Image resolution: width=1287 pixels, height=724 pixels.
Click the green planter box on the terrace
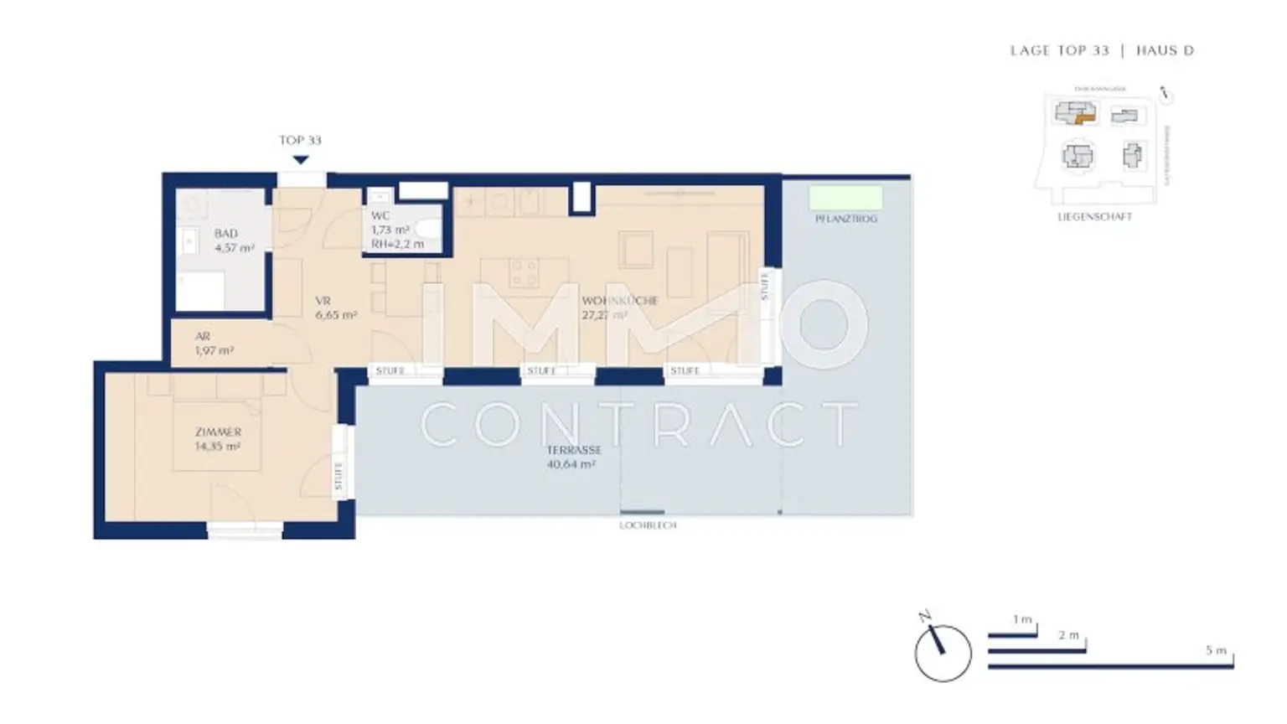pos(845,198)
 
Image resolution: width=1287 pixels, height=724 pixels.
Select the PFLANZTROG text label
pos(845,219)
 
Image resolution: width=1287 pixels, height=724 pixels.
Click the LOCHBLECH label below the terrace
pos(648,525)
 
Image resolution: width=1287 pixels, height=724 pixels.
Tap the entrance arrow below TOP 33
pos(301,159)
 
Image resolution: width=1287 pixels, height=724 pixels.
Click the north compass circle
pos(943,653)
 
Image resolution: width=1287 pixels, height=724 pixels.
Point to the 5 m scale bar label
pos(1216,650)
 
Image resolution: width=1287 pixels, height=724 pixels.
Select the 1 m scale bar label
pos(1021,619)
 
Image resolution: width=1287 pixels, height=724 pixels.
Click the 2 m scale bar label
pos(1068,635)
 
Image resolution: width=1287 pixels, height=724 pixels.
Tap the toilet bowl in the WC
pos(428,228)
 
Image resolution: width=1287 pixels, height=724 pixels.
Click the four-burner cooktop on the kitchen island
pos(525,272)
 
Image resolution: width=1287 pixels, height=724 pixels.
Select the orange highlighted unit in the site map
pos(1085,119)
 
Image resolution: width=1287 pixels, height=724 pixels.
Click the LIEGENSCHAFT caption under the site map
pos(1094,216)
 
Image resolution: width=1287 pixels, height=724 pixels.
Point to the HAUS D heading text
pos(1165,50)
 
